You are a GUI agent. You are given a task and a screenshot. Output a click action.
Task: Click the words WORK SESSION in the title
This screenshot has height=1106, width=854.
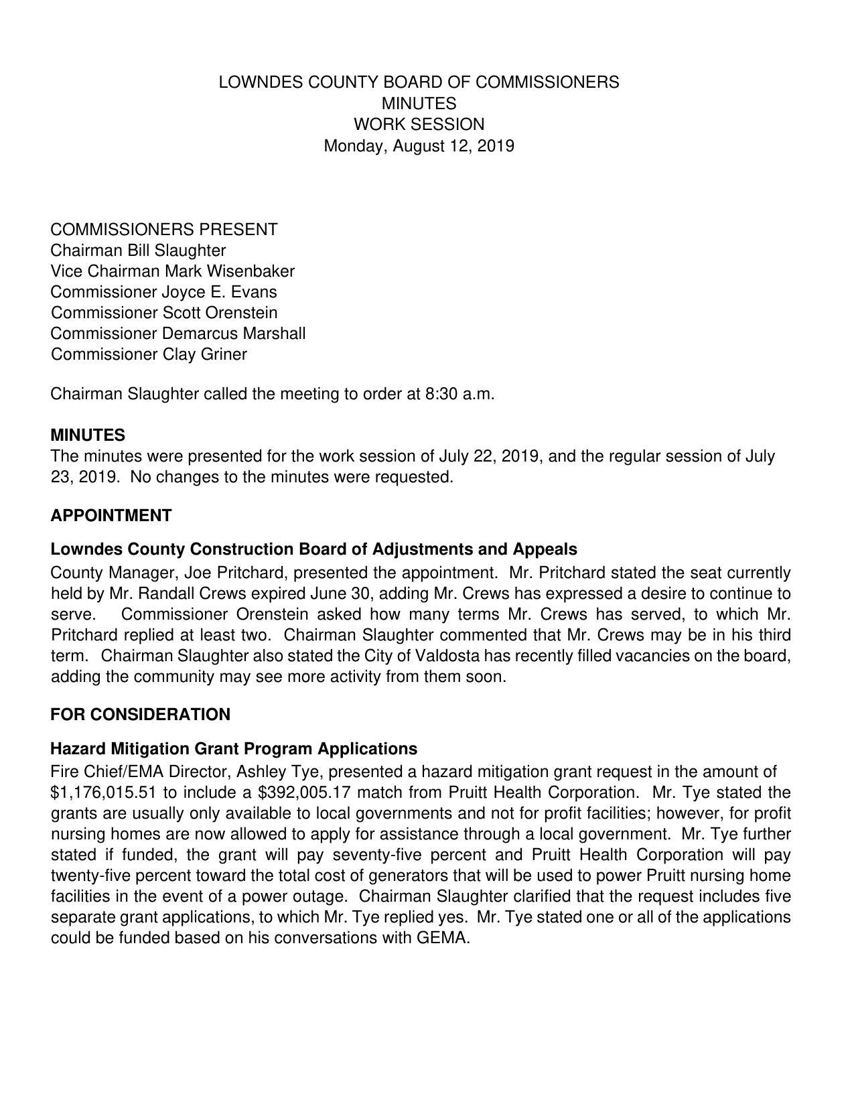coord(419,125)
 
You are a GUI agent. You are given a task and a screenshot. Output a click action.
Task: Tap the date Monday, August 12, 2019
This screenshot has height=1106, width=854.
coord(419,145)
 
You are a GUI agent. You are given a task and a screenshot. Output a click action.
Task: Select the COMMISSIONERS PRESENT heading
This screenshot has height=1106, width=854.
coord(163,230)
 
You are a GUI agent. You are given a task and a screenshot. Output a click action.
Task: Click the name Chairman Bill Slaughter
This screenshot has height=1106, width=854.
coord(138,251)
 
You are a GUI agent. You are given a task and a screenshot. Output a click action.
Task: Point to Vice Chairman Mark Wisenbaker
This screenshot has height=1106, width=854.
coord(172,271)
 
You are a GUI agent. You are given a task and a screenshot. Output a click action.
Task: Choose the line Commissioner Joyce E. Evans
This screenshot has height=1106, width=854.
coord(163,292)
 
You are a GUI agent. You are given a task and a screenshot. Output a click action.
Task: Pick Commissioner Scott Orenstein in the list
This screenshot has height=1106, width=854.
coord(163,313)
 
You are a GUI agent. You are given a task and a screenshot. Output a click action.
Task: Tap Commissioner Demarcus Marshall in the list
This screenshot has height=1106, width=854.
coord(177,334)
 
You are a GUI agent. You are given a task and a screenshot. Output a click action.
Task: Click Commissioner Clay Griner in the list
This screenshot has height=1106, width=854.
coord(149,354)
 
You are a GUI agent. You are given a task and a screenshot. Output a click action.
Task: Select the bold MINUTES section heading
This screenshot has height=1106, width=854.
coord(88,435)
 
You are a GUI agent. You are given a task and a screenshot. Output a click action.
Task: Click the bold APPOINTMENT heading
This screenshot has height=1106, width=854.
coord(111,516)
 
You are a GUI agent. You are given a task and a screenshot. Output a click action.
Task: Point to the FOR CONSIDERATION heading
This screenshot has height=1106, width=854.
coord(140,715)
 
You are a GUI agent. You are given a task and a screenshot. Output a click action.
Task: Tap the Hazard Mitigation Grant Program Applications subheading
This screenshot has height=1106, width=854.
coord(234,748)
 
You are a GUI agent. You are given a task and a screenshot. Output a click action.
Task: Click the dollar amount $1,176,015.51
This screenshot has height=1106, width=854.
coord(103,792)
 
